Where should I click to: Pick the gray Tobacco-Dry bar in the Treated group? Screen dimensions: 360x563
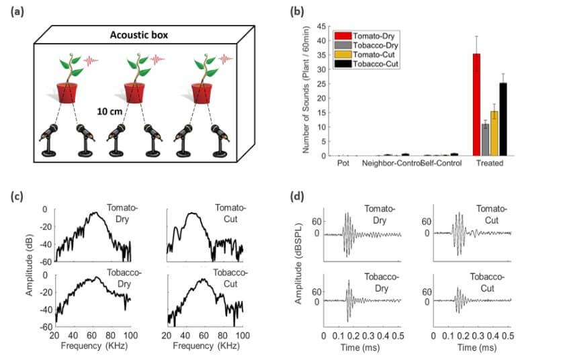(485, 140)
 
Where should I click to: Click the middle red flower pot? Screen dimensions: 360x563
(136, 92)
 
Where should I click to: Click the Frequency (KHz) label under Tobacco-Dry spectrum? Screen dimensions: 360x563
(94, 347)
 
